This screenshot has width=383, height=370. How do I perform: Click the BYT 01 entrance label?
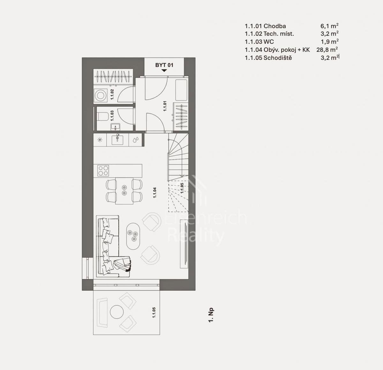point(164,65)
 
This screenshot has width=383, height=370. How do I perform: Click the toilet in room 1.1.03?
point(102,116)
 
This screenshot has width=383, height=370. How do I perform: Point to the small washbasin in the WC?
point(115,127)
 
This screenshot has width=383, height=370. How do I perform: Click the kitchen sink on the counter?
point(117,140)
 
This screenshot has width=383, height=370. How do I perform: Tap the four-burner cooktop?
point(103,170)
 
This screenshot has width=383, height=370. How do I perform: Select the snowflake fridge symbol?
point(100,140)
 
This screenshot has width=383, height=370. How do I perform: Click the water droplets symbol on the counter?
point(136,140)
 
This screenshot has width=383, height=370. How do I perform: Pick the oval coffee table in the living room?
point(133,236)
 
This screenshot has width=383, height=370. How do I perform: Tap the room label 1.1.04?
point(154,193)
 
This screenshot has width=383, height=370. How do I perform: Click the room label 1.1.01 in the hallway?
point(165,106)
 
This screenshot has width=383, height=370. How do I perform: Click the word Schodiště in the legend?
point(278,58)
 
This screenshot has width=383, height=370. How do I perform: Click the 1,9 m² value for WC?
point(330,42)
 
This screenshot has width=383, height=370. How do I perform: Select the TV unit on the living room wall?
point(184,244)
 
